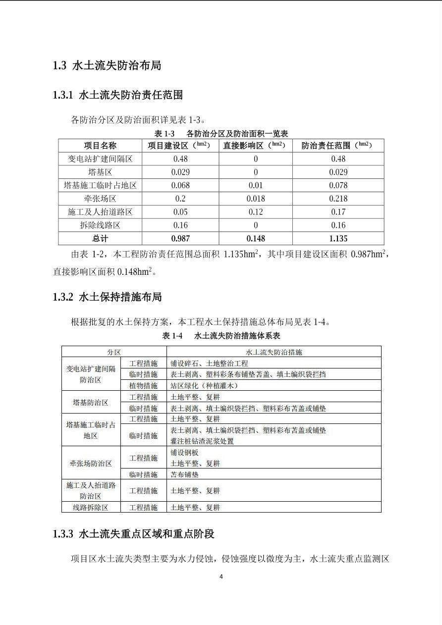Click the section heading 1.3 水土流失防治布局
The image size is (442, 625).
pos(107,65)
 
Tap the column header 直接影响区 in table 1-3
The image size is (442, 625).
pos(255,146)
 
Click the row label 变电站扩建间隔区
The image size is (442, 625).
pos(100,159)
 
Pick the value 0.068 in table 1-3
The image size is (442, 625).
pos(180,185)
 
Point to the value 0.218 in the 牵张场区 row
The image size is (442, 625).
pos(338,199)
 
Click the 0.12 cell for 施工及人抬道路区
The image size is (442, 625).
pos(256,212)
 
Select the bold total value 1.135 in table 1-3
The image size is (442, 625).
pos(338,239)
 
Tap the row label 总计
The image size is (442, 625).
pos(100,239)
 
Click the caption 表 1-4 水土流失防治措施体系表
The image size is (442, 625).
pos(221,336)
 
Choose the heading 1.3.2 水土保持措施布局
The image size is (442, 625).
pos(107,297)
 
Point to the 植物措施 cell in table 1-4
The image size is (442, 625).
pos(143,385)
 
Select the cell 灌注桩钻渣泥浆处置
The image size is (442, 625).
pos(202,441)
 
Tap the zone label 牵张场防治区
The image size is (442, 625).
pos(91,464)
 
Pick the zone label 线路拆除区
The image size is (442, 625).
pos(91,507)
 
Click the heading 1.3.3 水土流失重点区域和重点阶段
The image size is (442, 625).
pos(133,534)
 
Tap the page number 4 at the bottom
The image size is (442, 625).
pos(221,576)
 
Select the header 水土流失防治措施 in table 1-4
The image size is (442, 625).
pos(274,352)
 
